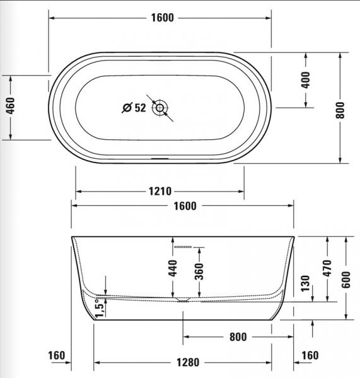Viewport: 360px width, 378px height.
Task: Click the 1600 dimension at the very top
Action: point(162,18)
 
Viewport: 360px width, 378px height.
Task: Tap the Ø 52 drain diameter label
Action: point(134,108)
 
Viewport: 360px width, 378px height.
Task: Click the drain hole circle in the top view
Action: point(161,108)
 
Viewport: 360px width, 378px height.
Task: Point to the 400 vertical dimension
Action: point(306,79)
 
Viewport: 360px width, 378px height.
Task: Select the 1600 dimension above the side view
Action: point(183,206)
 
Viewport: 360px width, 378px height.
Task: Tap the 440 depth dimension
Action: point(173,268)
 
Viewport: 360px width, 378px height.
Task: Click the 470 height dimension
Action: point(327,269)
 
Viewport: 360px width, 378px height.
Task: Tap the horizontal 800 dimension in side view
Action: point(237,337)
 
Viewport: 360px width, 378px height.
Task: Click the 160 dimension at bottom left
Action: point(57,356)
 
